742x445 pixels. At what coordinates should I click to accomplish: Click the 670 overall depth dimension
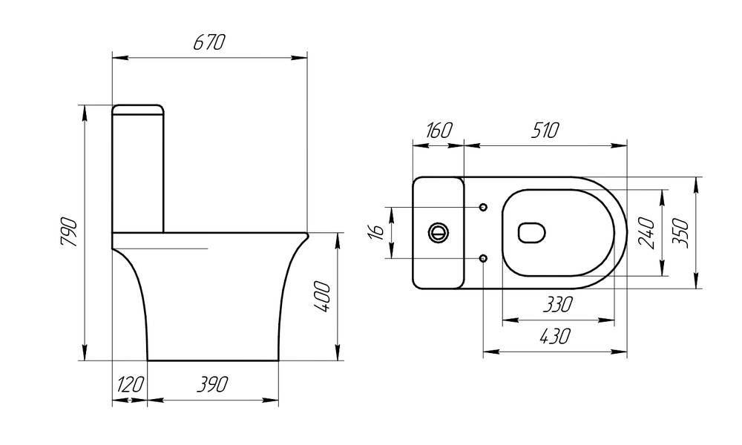pos(209,43)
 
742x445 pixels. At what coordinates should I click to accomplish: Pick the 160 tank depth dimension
pos(437,131)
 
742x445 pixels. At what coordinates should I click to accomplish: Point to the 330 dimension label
pos(556,304)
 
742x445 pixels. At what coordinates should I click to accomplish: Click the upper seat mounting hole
pos(483,207)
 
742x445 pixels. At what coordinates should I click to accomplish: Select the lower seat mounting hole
pos(483,258)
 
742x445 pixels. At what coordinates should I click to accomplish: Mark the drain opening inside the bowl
pos(532,233)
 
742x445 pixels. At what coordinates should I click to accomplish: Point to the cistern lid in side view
pos(138,110)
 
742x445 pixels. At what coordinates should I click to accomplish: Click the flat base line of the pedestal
pos(213,360)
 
